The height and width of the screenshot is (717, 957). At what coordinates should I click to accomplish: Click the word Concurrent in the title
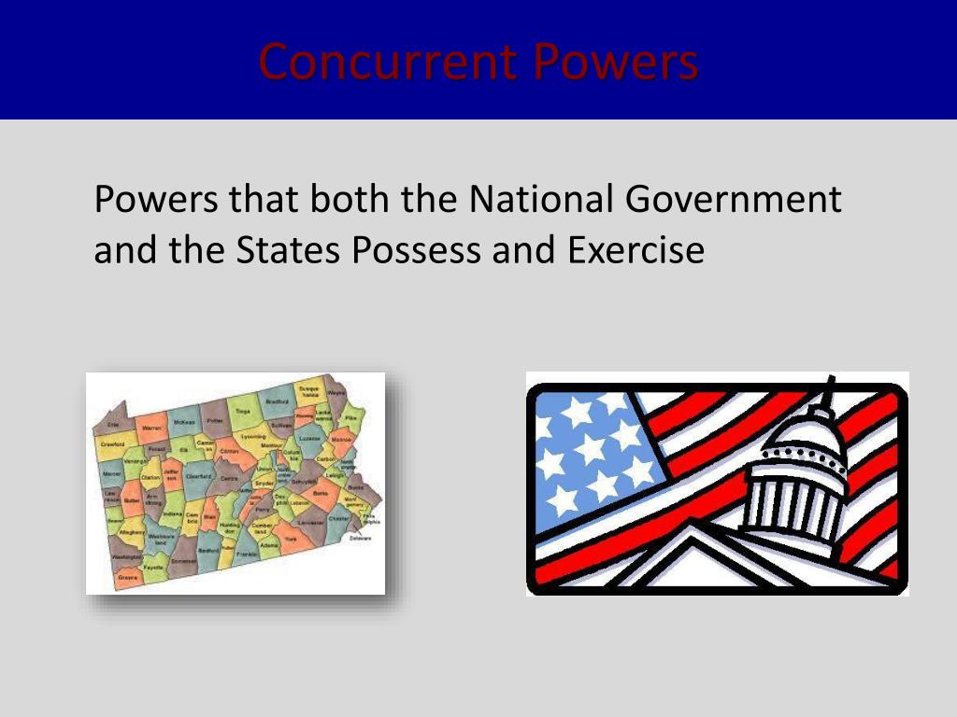388,62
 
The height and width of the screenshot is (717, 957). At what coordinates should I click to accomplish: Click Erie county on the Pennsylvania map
113,424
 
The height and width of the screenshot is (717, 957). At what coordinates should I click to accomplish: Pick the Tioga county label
242,411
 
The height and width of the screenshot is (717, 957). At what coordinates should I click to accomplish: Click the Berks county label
321,492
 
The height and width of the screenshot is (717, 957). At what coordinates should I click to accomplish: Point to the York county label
290,540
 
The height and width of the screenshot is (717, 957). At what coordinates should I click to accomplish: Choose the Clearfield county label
198,476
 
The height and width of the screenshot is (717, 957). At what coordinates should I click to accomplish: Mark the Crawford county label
112,444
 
